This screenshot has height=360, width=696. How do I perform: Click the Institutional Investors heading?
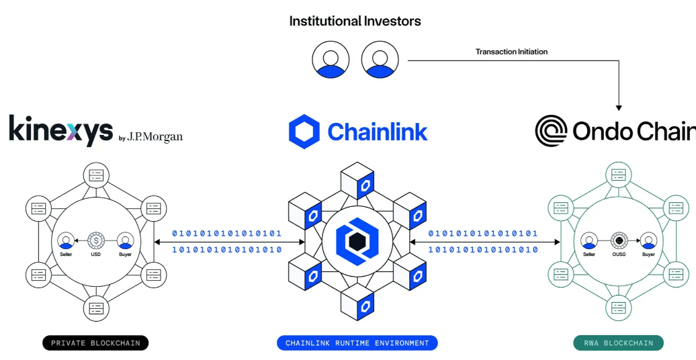(355, 21)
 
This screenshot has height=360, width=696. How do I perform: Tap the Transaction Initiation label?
(511, 52)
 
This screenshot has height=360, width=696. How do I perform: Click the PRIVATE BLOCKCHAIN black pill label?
(95, 343)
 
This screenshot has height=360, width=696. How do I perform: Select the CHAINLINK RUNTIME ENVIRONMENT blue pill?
(357, 343)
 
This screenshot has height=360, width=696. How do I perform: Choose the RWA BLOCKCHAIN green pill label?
(618, 343)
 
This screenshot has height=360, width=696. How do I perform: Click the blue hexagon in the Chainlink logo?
(304, 132)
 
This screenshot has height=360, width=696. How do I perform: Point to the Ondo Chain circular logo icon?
(552, 131)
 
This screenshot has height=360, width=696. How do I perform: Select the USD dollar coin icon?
(96, 240)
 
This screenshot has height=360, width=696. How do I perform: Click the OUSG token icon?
(619, 240)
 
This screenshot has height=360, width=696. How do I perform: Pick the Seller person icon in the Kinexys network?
(66, 240)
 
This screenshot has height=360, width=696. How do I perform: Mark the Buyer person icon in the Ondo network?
(648, 240)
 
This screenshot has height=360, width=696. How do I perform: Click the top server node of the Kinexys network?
(96, 175)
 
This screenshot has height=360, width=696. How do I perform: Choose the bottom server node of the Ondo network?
(618, 307)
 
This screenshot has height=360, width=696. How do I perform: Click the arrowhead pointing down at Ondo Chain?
(619, 107)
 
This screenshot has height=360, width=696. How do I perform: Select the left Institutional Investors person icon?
(331, 60)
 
